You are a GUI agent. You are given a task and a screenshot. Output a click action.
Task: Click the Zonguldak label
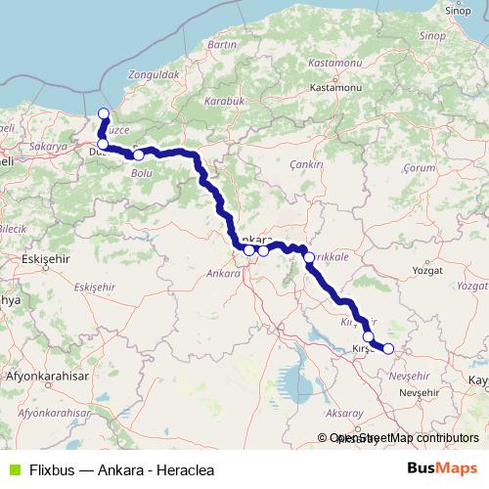click(x=153, y=74)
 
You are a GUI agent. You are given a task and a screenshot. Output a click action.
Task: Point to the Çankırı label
click(x=306, y=166)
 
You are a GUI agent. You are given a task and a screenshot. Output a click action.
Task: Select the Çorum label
click(x=419, y=168)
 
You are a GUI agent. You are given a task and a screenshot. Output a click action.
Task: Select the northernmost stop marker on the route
click(x=104, y=113)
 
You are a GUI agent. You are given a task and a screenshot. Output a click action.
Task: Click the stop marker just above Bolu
click(x=139, y=155)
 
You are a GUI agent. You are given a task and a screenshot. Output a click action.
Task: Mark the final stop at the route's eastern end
click(x=388, y=348)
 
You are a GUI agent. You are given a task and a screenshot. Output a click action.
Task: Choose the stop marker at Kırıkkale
click(x=309, y=258)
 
